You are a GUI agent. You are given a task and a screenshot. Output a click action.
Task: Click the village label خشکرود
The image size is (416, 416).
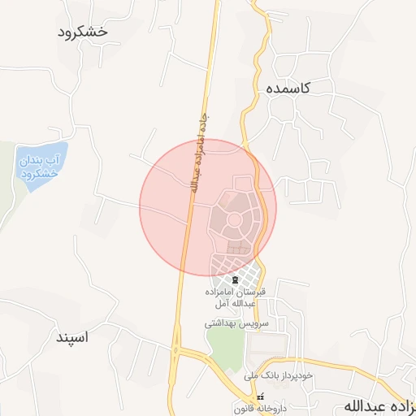pos(84,32)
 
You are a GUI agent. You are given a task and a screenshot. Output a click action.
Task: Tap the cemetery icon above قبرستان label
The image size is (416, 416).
pos(236,280)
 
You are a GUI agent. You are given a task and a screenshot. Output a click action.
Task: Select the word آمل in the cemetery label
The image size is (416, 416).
pos(219,304)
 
